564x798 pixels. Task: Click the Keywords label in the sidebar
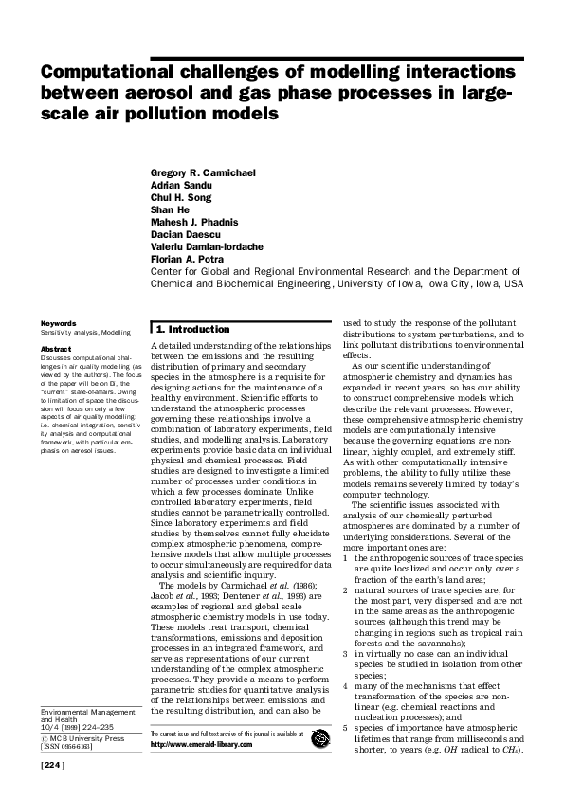click(x=58, y=323)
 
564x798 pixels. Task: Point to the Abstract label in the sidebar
click(x=56, y=349)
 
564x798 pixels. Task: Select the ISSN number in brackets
click(x=65, y=747)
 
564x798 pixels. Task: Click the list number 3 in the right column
click(x=347, y=626)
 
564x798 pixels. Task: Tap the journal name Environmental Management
click(x=84, y=711)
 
